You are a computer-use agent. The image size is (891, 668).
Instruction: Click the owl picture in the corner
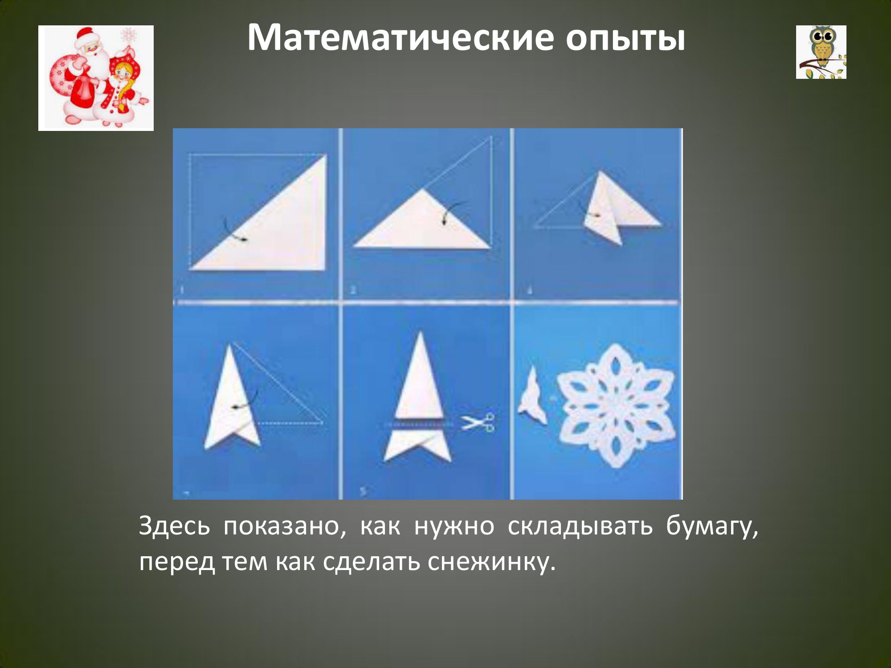[821, 52]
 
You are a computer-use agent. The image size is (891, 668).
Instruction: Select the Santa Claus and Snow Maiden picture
[96, 78]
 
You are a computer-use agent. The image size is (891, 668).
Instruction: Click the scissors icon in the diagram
[478, 422]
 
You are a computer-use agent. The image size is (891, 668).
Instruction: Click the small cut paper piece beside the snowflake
[533, 395]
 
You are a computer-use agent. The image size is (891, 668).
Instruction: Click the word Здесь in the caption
[174, 526]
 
